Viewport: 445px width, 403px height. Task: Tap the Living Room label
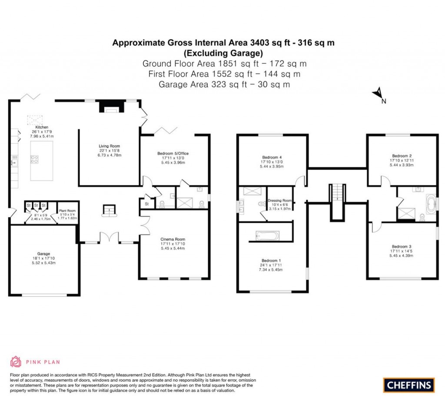coord(109,146)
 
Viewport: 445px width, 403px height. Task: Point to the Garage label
coord(43,254)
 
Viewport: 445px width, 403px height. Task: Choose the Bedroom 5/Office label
coord(173,153)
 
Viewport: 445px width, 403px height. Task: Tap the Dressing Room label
coord(280,201)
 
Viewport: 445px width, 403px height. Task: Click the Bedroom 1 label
coord(272,261)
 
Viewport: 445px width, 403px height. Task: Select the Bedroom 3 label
coord(402,246)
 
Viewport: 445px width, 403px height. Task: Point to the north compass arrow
coord(378,93)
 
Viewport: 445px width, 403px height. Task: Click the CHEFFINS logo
coord(408,385)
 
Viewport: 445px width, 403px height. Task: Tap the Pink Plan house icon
coord(16,361)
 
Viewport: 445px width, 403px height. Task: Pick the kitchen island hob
coord(34,159)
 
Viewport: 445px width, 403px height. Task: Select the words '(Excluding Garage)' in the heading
coord(223,53)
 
